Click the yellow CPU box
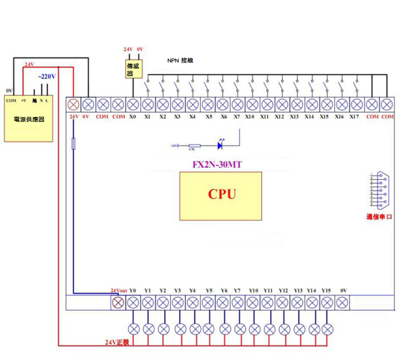220,196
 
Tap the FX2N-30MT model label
217,165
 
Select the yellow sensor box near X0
133,70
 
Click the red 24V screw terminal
73,105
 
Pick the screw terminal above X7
237,105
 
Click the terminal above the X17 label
356,105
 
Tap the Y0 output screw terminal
133,303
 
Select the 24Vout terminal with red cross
118,303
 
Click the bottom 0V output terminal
342,303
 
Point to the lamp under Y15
327,329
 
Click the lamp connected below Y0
134,329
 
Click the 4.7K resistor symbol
194,146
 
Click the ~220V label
47,77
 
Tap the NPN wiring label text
180,60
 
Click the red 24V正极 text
117,342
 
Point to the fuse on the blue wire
73,143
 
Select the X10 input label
250,117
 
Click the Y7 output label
237,290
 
